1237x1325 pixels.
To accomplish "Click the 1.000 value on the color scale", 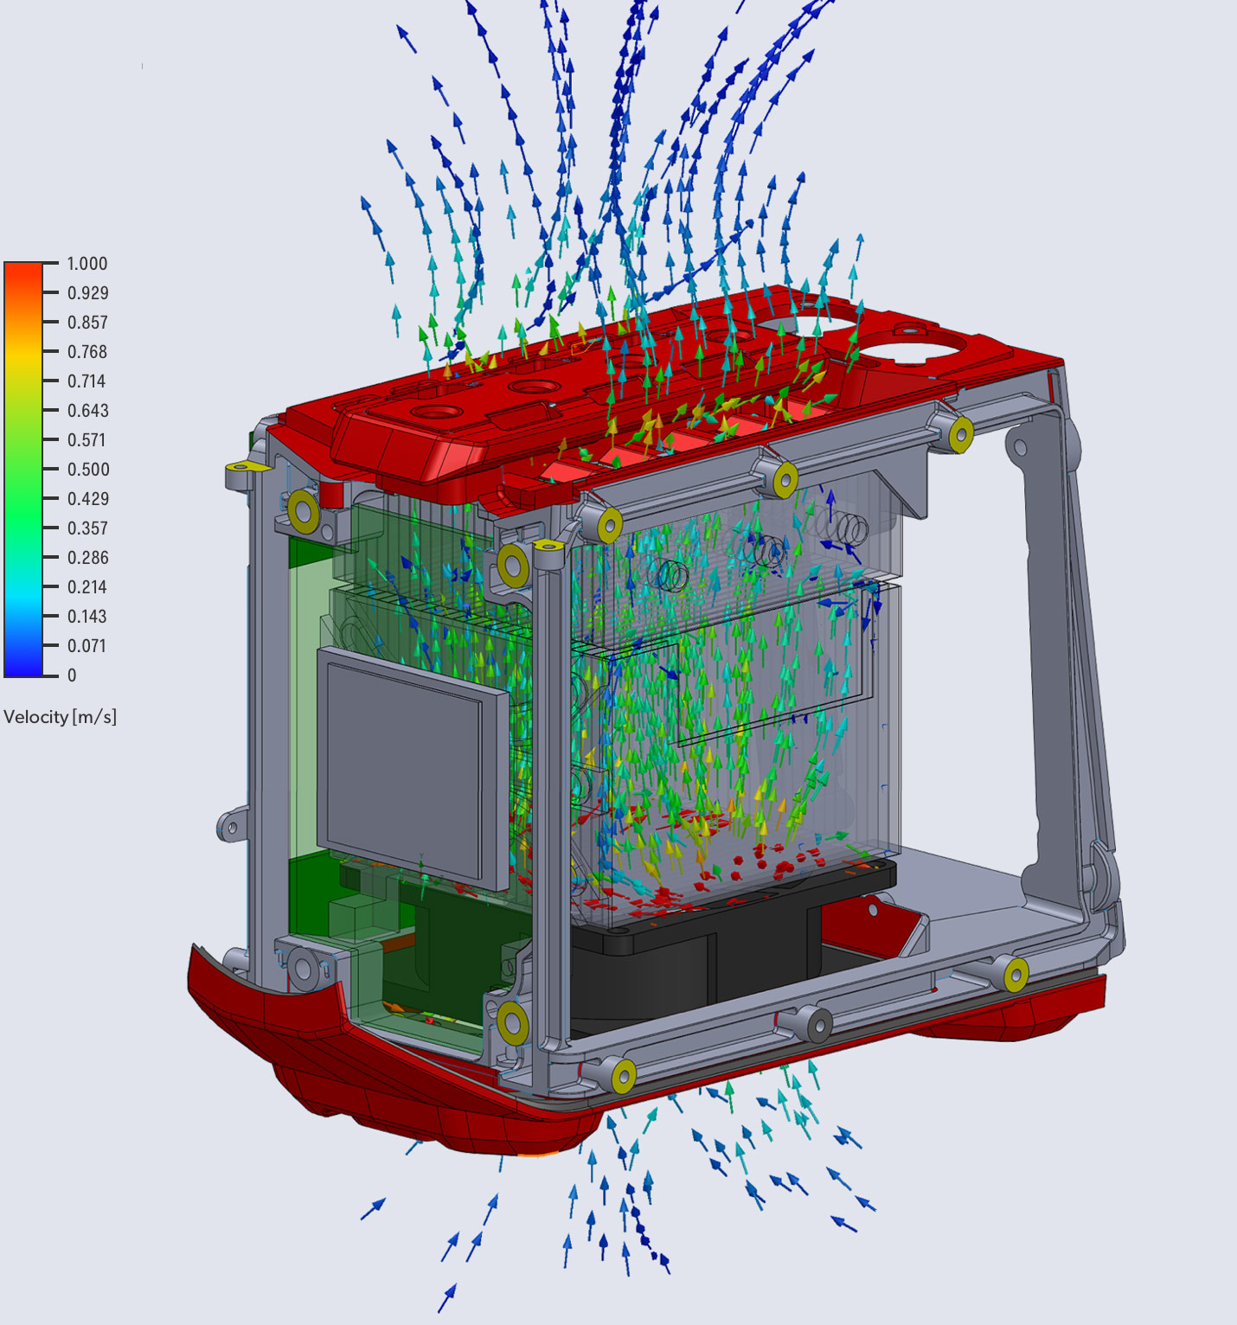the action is (x=87, y=264).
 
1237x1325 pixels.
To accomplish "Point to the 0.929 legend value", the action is (x=87, y=293).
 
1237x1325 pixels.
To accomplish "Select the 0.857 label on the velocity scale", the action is (x=87, y=323).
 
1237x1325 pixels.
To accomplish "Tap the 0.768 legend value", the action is (x=87, y=352).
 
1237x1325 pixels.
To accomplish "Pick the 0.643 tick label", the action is (x=87, y=411).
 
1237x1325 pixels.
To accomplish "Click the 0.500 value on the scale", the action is (x=88, y=470).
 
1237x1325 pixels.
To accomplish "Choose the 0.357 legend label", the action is (x=87, y=528).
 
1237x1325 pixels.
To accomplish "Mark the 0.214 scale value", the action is (x=87, y=587).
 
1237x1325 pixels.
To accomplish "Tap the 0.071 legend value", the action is (x=87, y=646).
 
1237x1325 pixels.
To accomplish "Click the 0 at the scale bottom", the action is (x=72, y=675).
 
